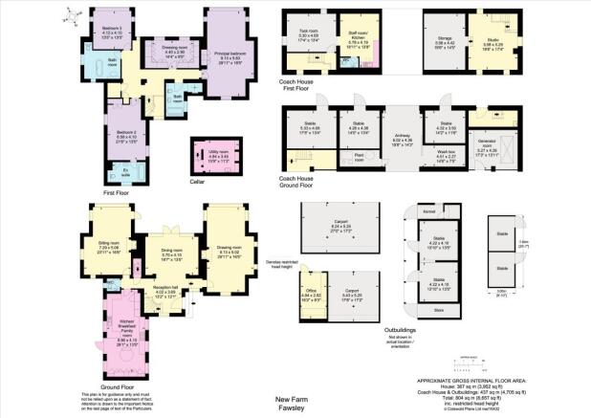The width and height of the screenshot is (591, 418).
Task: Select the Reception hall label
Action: coord(169,293)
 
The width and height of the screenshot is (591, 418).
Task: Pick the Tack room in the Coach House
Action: coord(307,33)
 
